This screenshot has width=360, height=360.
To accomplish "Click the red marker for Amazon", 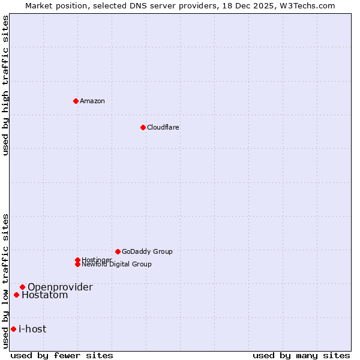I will click(76, 101).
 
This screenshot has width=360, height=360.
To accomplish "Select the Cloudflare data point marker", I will click(143, 127).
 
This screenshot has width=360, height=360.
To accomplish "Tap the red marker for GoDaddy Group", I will click(118, 251).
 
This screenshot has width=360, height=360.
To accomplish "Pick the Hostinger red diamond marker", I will click(77, 260).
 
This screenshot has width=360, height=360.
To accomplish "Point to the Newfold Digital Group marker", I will click(77, 264).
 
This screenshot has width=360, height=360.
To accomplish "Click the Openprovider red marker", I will click(22, 287).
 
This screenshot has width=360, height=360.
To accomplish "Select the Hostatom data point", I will click(16, 295).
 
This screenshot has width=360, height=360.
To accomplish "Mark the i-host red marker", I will click(13, 329).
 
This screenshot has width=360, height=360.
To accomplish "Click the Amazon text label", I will click(92, 101).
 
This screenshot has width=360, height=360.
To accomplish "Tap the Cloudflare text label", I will click(163, 127).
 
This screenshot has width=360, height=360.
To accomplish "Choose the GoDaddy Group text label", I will click(147, 251).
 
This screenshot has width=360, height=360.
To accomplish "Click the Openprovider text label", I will click(60, 287).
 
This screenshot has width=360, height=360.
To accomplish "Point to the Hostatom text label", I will click(45, 295).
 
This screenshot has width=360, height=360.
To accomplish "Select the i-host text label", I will click(32, 329).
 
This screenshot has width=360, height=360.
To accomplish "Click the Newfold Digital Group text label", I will click(117, 265).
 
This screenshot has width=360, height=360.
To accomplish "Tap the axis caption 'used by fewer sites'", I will click(62, 355).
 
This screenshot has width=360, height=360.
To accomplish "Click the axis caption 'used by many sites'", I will click(301, 355).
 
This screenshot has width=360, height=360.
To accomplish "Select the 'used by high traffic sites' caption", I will click(6, 85).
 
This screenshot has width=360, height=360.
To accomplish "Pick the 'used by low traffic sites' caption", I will click(6, 281).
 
